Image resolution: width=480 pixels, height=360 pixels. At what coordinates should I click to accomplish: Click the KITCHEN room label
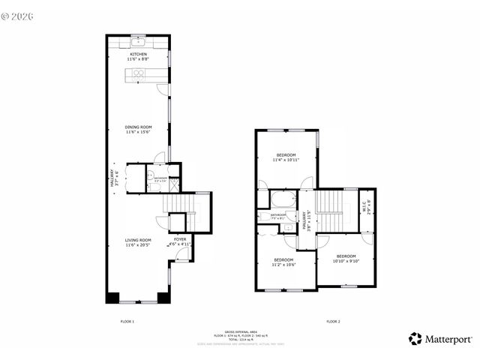[x=139, y=54]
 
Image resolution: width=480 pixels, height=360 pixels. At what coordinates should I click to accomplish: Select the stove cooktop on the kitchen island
[x=139, y=73]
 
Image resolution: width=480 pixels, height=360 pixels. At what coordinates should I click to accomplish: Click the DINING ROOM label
[x=139, y=127]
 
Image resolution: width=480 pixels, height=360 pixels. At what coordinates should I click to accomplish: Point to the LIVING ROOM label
[x=139, y=241]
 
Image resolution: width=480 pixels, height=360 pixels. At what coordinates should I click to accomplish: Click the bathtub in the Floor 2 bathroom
[x=283, y=199]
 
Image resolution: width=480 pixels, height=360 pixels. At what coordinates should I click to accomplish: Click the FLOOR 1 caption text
[x=127, y=321]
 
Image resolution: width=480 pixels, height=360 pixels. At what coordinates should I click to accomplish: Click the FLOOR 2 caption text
[x=333, y=321]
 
